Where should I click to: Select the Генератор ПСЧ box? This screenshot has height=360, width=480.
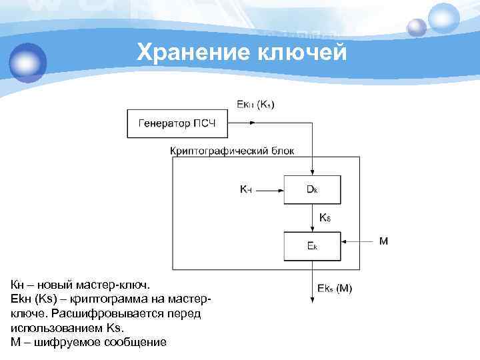(177, 123)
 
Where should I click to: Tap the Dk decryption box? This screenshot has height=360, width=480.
(312, 189)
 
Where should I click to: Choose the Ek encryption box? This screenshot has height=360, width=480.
(312, 246)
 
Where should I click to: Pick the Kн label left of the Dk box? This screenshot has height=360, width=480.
(246, 189)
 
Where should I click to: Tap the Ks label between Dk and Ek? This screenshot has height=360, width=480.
(325, 218)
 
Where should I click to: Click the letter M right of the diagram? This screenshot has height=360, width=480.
(383, 241)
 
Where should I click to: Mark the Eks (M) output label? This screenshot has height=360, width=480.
(335, 289)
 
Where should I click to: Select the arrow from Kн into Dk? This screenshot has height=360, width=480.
(269, 190)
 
